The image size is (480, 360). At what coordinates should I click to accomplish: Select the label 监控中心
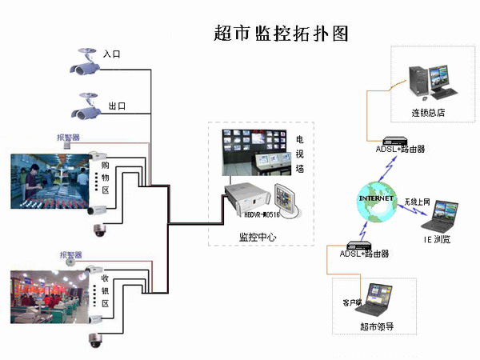(258, 237)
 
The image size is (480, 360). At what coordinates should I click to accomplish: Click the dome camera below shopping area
(100, 230)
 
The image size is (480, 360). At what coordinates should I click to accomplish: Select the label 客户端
(353, 302)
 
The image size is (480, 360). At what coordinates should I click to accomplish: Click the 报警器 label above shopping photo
(68, 138)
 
